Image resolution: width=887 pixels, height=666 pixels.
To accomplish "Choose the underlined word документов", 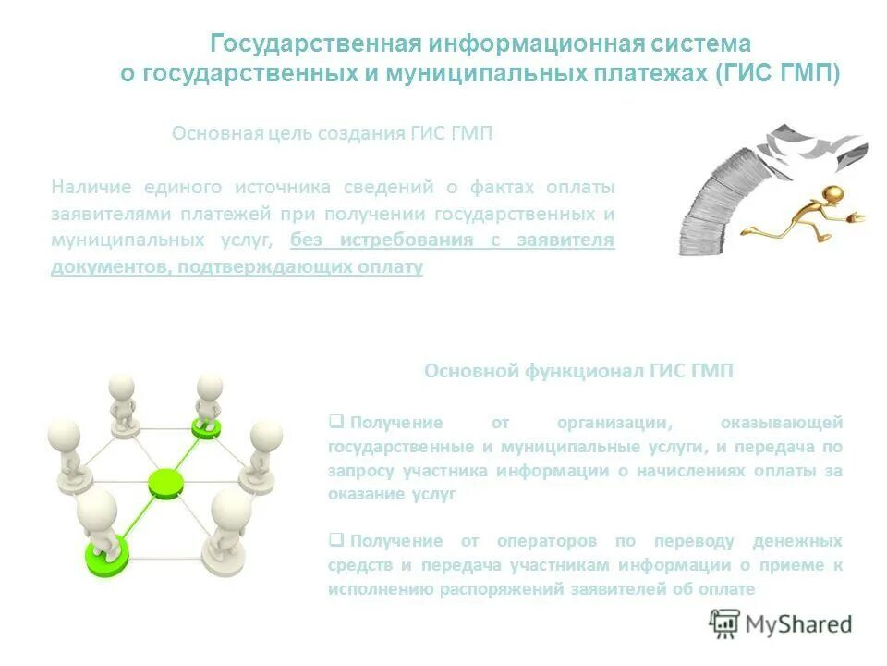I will pyautogui.click(x=104, y=267).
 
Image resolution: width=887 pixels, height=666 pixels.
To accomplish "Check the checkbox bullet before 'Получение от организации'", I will pyautogui.click(x=336, y=422).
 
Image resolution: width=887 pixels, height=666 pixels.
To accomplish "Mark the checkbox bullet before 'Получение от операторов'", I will pyautogui.click(x=336, y=539).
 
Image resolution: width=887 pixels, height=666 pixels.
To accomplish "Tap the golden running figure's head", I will pyautogui.click(x=832, y=194).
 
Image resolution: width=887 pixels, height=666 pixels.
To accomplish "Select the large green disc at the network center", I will pyautogui.click(x=166, y=482).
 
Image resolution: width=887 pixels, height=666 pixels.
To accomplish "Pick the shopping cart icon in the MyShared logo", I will pyautogui.click(x=725, y=623).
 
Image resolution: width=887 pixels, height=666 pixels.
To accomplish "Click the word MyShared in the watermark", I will pyautogui.click(x=799, y=624).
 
